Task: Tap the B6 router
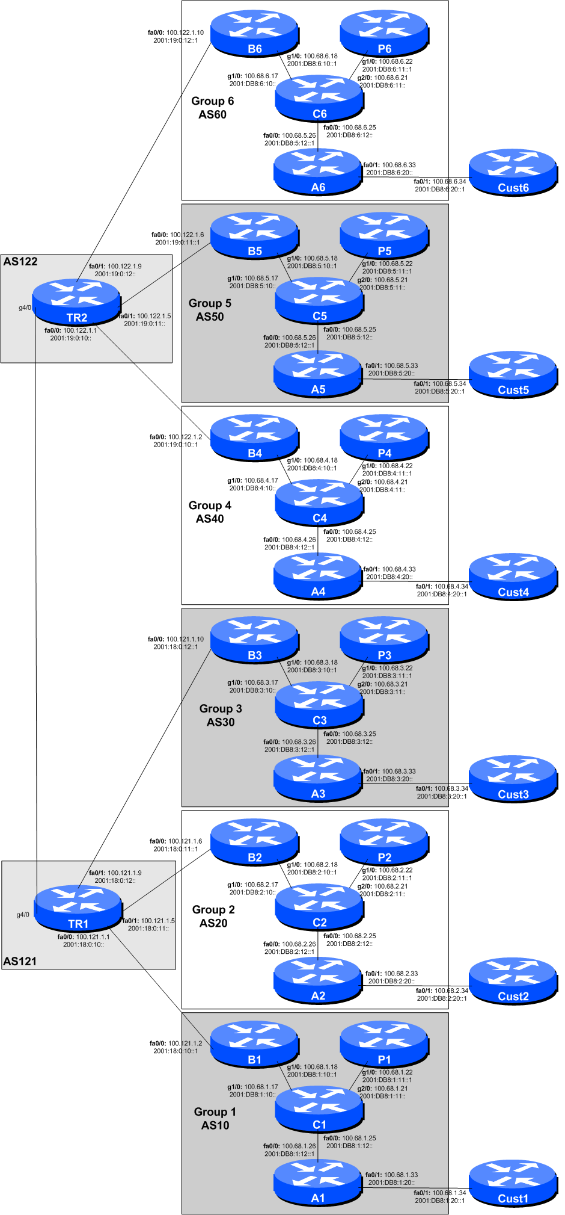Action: (x=254, y=33)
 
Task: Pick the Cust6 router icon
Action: (x=513, y=173)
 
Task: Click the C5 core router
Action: (x=319, y=300)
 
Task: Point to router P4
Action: (x=384, y=437)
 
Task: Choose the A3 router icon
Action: (x=317, y=779)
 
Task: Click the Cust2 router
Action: (x=513, y=982)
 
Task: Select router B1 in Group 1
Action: (x=254, y=1044)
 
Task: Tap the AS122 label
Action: (x=20, y=262)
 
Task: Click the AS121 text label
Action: (x=20, y=961)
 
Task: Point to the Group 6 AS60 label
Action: (x=212, y=108)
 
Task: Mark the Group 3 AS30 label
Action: (x=221, y=716)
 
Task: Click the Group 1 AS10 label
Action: (x=215, y=1119)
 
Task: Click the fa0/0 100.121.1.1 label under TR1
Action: (x=84, y=936)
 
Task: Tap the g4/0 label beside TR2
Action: (x=25, y=308)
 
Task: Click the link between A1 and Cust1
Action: (x=415, y=1188)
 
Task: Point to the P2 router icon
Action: (x=384, y=842)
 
